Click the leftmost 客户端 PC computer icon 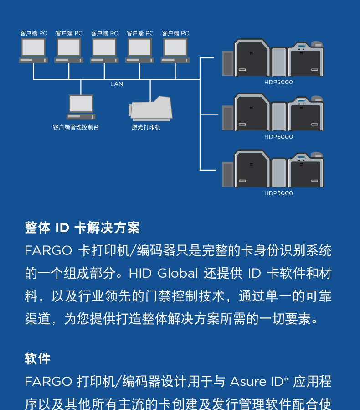(x=33, y=50)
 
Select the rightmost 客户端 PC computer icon (x=175, y=50)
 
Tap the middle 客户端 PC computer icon (x=104, y=50)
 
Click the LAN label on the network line (x=117, y=84)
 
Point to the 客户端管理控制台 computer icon (x=81, y=107)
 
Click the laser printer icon (x=151, y=109)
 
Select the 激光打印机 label (x=146, y=127)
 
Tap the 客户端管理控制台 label (x=76, y=127)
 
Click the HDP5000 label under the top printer (x=278, y=83)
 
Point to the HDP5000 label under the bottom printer (x=278, y=193)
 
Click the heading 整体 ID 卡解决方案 (x=82, y=228)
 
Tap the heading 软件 (x=37, y=358)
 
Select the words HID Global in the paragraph (x=163, y=274)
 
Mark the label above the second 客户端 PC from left (x=69, y=33)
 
